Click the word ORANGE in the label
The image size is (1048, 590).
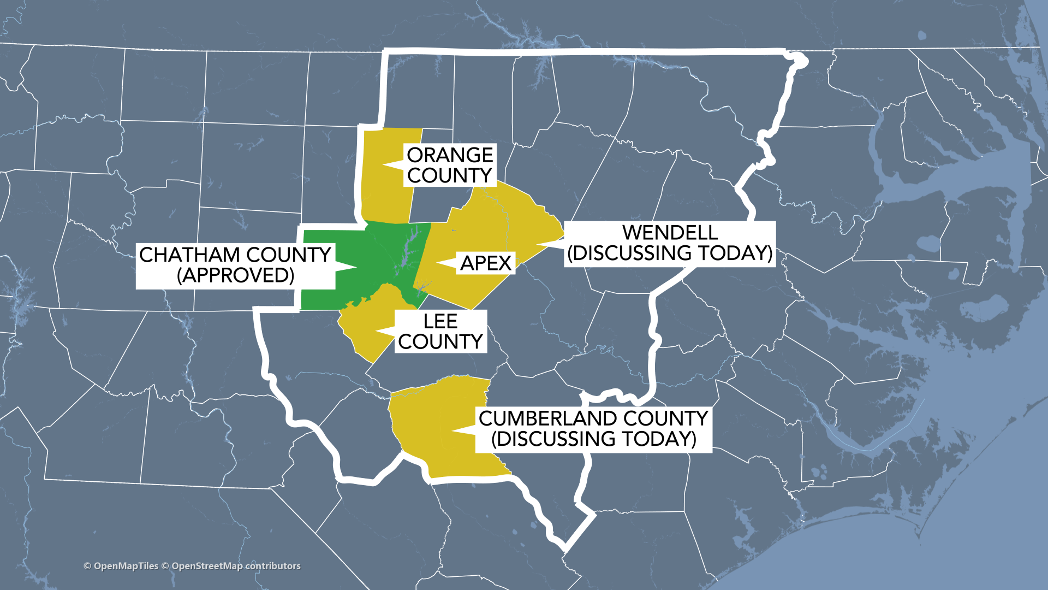450,155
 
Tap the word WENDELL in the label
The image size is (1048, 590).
670,233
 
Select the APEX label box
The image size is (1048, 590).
485,263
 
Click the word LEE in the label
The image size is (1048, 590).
440,321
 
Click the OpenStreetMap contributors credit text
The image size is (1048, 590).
236,566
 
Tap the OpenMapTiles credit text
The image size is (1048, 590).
126,566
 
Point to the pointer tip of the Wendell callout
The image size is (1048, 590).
538,244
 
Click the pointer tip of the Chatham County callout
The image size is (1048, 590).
356,267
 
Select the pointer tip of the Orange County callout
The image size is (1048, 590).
384,164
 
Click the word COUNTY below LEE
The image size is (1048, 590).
440,342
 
